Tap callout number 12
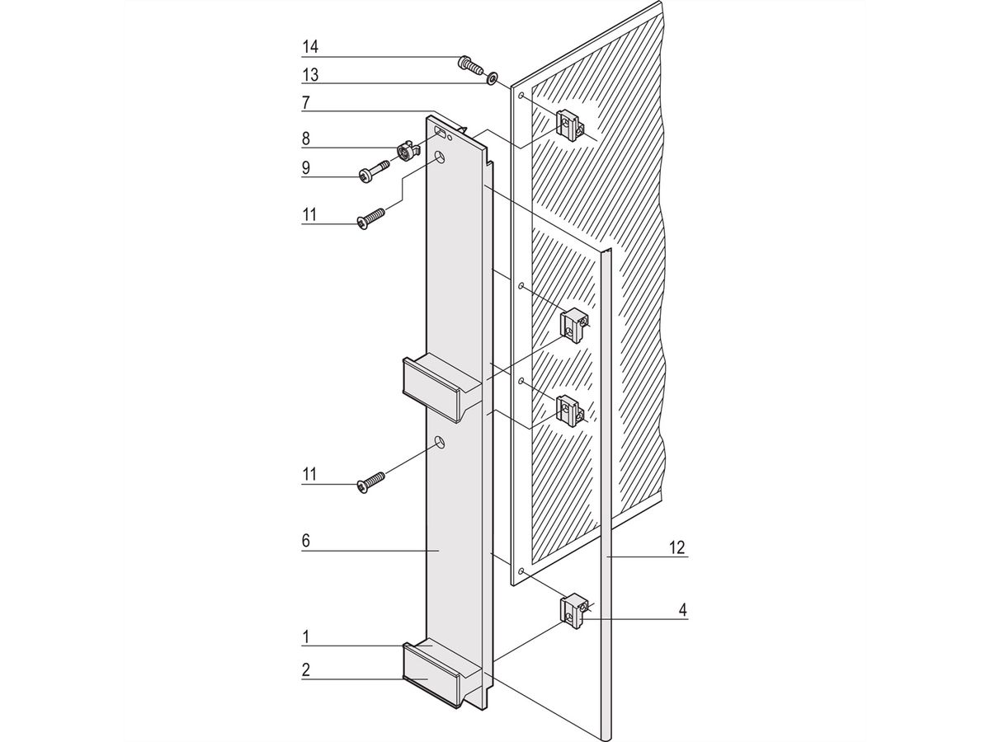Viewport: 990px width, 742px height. point(677,547)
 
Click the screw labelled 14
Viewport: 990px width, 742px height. point(469,63)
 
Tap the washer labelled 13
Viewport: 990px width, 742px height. point(492,78)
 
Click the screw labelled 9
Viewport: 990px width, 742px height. point(374,171)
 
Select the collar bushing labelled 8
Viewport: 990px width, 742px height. point(405,151)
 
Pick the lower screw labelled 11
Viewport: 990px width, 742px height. point(370,482)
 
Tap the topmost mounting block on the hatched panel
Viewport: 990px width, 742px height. point(569,124)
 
